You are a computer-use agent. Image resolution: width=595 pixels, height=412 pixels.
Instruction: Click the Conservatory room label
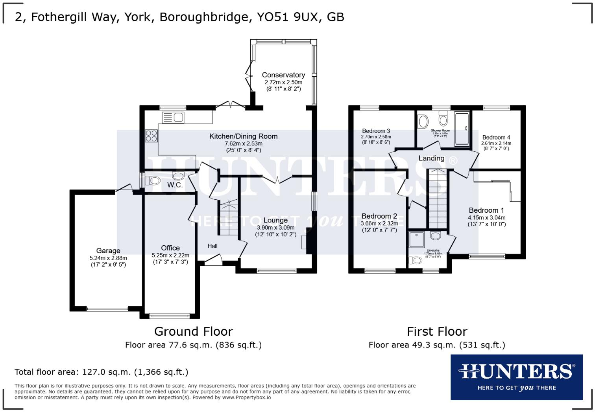283,75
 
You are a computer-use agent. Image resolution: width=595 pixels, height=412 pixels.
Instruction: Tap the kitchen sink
173,117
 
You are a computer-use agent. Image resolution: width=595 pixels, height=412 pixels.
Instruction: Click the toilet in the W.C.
153,181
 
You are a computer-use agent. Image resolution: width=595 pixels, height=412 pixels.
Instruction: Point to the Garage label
108,251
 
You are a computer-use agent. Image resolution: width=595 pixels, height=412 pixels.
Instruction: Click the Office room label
170,248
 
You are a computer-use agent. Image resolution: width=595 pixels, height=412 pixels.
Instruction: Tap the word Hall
213,246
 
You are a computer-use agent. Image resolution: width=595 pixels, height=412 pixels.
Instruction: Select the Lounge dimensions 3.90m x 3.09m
275,228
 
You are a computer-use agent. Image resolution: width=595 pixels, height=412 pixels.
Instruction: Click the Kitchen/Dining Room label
243,136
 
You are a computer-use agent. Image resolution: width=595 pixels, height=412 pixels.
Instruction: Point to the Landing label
431,158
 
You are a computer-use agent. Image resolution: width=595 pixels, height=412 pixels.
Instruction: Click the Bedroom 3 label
376,131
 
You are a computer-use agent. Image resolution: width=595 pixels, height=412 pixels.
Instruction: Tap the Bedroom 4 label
496,137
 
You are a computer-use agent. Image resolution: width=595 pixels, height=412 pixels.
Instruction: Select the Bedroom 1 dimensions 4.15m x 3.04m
487,217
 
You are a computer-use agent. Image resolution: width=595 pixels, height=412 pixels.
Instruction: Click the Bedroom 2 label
379,216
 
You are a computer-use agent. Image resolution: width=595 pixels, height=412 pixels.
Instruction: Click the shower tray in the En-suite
417,239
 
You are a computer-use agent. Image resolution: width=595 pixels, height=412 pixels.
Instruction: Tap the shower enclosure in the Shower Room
462,129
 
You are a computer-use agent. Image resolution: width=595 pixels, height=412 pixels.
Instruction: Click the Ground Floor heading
193,331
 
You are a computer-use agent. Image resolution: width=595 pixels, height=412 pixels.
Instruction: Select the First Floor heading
437,331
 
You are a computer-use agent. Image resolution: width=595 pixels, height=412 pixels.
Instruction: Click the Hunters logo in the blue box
516,377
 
